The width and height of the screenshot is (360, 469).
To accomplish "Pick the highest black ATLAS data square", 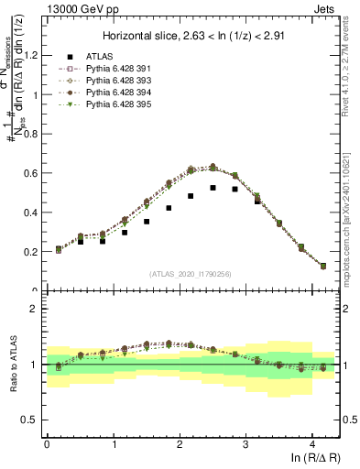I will point(213,188).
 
